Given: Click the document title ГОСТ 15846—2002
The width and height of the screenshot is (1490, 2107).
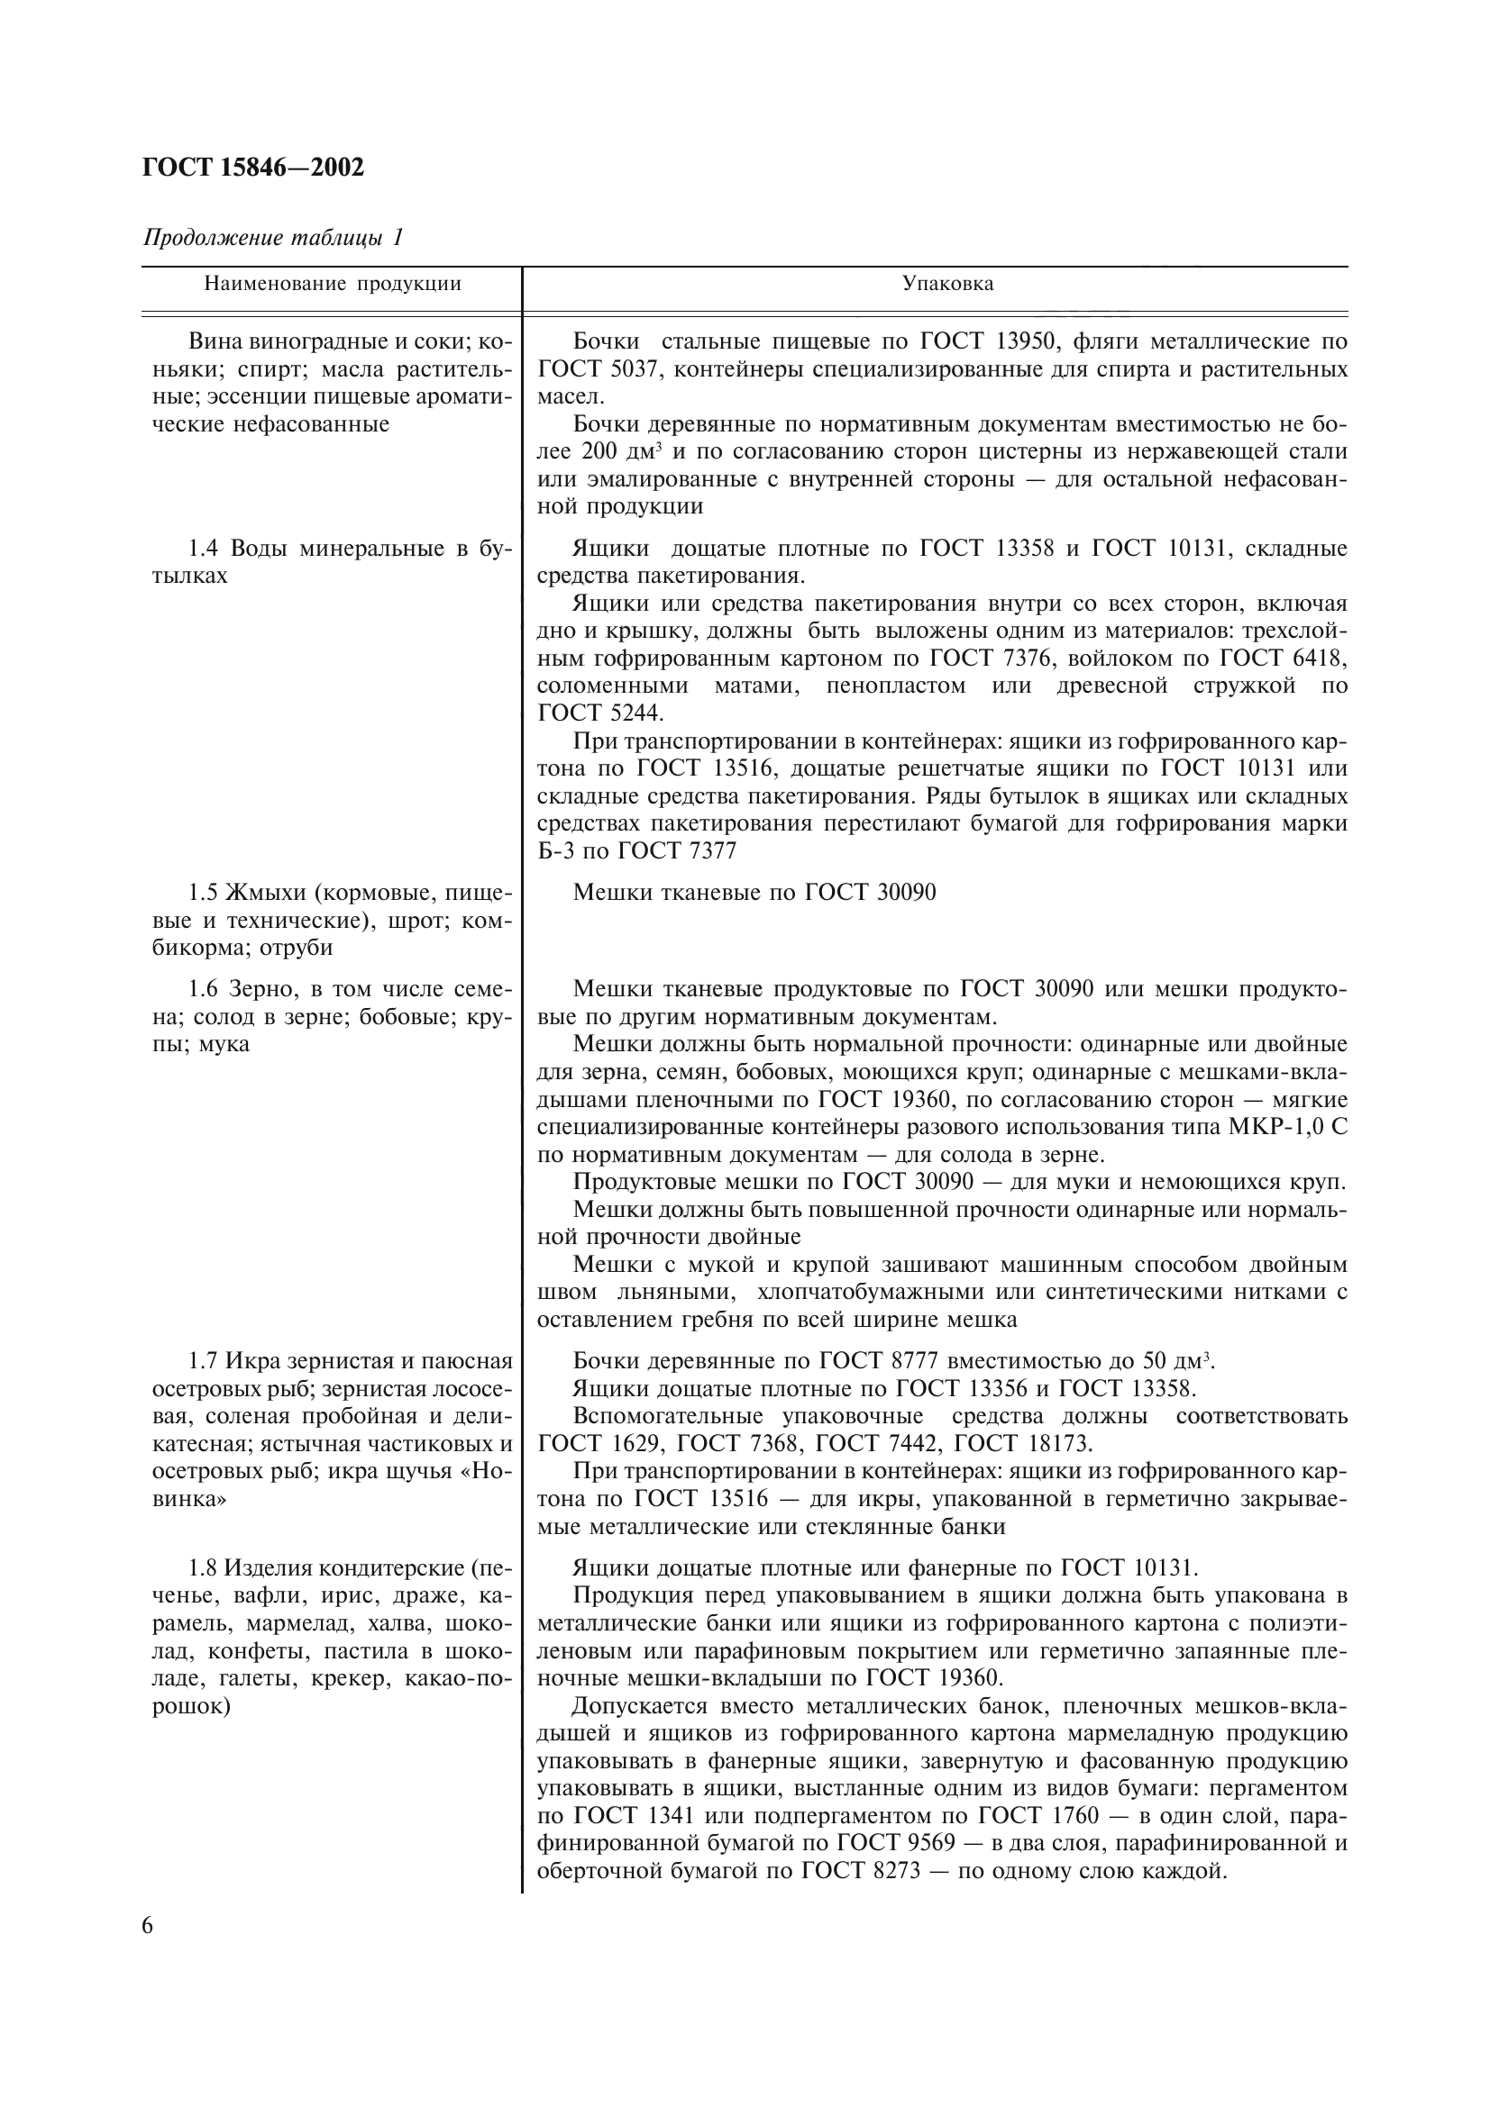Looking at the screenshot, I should click(x=253, y=167).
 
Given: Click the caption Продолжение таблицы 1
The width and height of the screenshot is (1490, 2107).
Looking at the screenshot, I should click(x=272, y=238).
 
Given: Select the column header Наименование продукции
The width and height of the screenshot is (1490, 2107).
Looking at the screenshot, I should click(x=333, y=284).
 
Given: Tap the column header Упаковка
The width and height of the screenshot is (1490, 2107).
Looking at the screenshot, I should click(x=947, y=284).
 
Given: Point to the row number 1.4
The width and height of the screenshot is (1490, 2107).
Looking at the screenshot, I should click(x=203, y=549).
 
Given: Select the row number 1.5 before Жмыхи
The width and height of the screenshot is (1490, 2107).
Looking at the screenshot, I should click(x=203, y=892).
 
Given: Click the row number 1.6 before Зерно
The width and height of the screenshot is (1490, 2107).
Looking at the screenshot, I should click(x=203, y=989).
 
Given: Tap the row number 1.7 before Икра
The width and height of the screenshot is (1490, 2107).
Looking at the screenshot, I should click(x=203, y=1361).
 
